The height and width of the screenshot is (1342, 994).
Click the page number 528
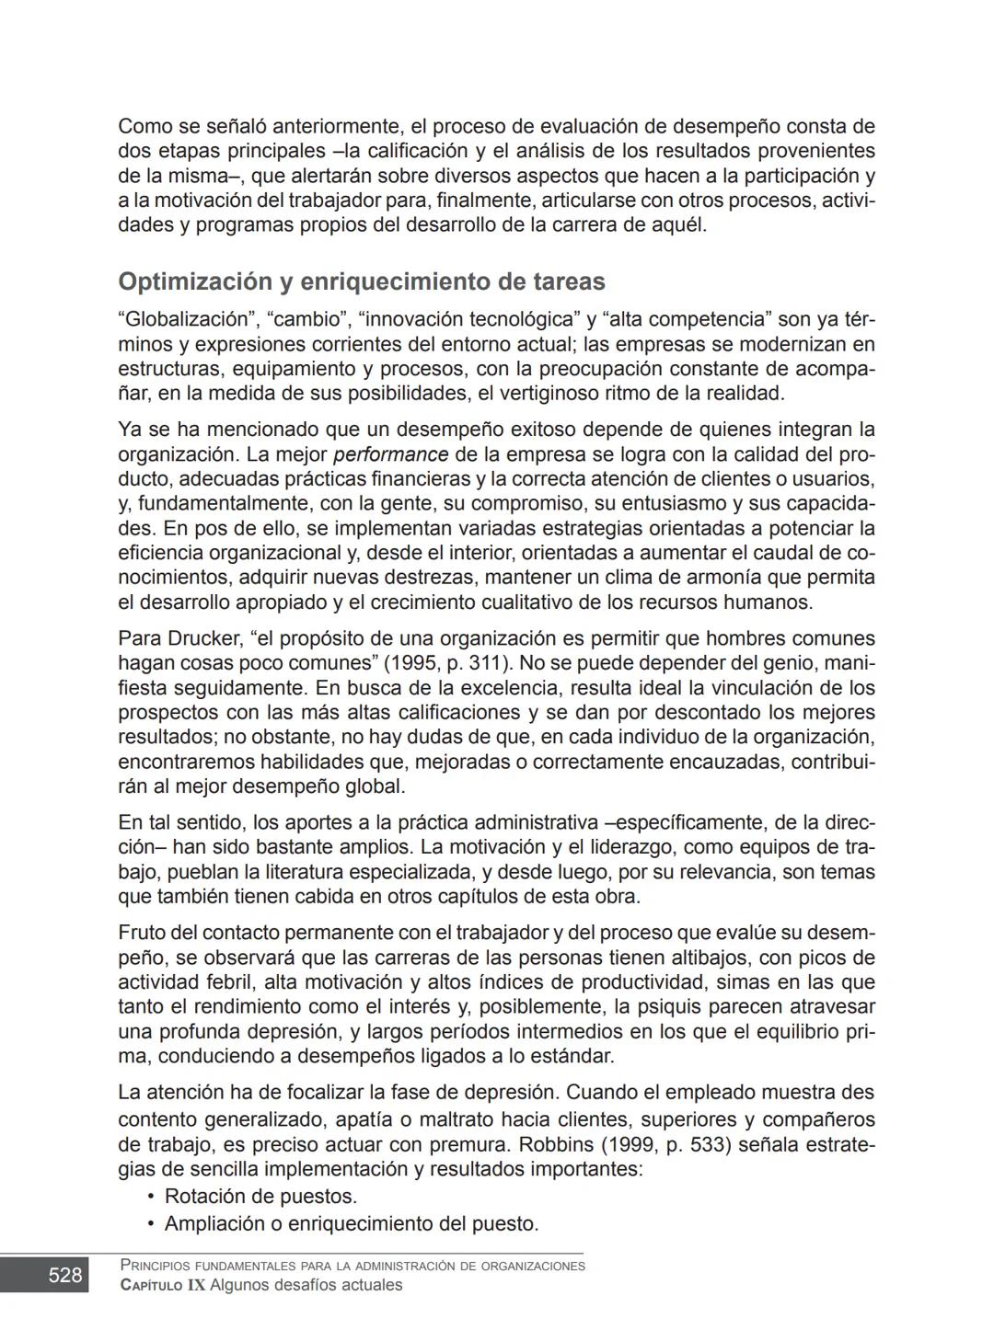pyautogui.click(x=64, y=1275)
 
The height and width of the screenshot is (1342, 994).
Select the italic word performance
pyautogui.click(x=390, y=454)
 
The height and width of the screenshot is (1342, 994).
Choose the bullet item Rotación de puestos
pyautogui.click(x=260, y=1197)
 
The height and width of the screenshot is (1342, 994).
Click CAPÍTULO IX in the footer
pyautogui.click(x=163, y=1285)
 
